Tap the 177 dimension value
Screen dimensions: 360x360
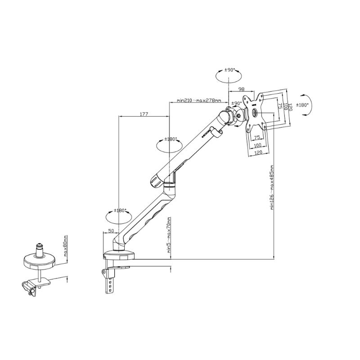tap(144, 114)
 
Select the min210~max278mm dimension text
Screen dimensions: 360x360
tap(199, 100)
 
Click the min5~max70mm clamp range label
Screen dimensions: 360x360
tap(169, 236)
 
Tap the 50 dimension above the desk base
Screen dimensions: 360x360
tap(110, 230)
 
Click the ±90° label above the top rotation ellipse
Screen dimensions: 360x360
tap(229, 71)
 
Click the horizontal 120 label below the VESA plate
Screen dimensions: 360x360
tap(258, 153)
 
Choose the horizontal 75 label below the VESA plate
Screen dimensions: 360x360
tap(258, 138)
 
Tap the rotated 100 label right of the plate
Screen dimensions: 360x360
tap(285, 107)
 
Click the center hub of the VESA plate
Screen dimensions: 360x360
tap(255, 113)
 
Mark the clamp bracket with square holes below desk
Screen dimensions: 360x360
tap(109, 280)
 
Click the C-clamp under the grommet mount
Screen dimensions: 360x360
tap(30, 287)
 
